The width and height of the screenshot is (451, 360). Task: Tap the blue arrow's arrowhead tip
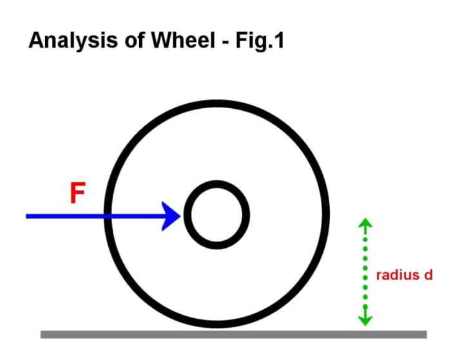pyautogui.click(x=181, y=216)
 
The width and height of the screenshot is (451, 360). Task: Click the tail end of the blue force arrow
pyautogui.click(x=28, y=216)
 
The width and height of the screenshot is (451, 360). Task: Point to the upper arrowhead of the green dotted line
pyautogui.click(x=365, y=222)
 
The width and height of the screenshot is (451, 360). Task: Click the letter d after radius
pyautogui.click(x=428, y=275)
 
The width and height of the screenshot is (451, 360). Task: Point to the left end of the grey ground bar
pyautogui.click(x=43, y=334)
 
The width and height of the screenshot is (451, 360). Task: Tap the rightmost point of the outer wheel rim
pyautogui.click(x=328, y=215)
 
